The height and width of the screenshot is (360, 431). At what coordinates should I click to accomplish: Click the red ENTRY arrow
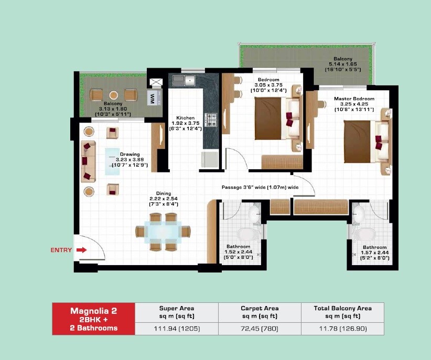coord(81,250)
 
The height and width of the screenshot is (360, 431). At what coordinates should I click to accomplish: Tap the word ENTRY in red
coord(61,250)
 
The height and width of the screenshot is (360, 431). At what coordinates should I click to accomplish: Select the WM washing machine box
coord(152,97)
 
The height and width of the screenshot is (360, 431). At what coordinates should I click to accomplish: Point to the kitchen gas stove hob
coord(211,120)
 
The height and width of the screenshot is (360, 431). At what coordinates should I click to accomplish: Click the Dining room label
coord(164,193)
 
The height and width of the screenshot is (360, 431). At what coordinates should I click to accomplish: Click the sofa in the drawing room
coord(88,161)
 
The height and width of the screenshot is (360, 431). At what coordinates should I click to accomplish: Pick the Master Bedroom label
coord(354,99)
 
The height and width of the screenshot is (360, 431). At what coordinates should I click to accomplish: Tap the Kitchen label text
coord(186,118)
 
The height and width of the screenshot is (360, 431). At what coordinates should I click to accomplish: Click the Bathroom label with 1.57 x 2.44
coord(374,253)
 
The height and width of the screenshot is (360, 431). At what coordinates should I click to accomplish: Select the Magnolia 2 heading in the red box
coord(94,311)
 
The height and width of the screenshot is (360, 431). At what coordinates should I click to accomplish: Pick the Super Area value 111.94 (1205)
coord(176,329)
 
